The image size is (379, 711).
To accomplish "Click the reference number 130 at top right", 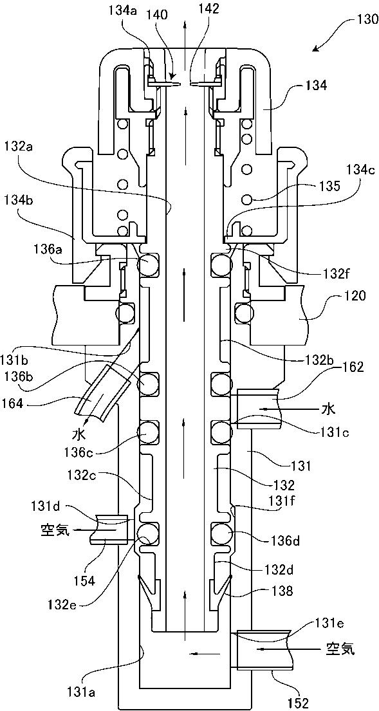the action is [364, 19].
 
